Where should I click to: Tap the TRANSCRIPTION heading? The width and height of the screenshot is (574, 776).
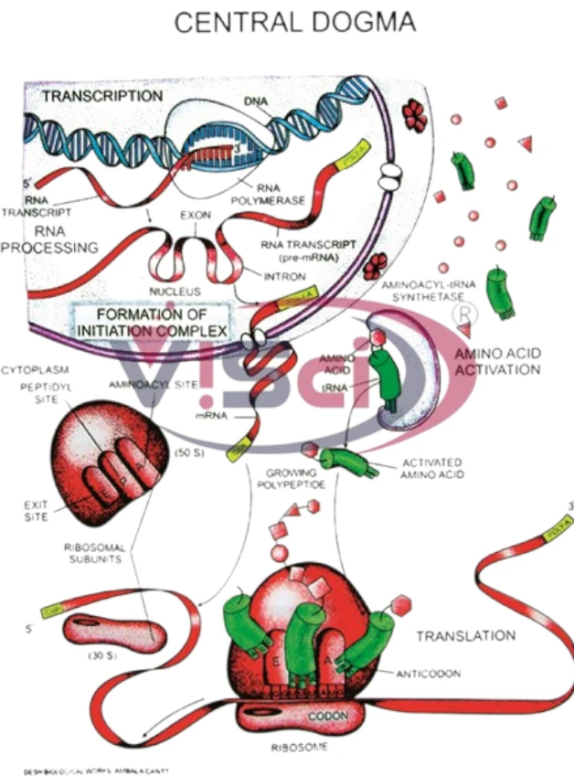click(x=102, y=95)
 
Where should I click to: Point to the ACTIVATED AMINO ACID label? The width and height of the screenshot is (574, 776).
click(x=430, y=469)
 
